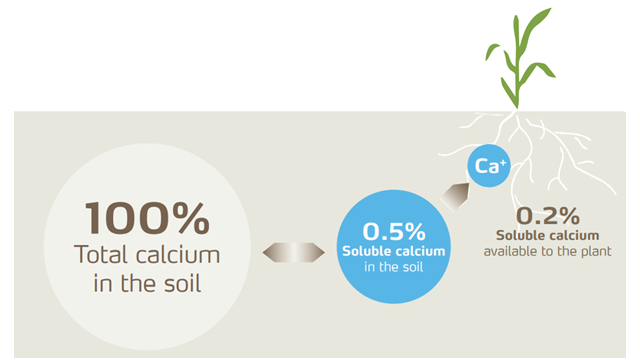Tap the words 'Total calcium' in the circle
coord(147,255)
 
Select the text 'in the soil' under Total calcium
coord(147,283)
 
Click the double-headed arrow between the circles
coord(294,253)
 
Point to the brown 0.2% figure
coord(547,215)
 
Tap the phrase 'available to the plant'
coord(547,251)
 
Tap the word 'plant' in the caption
coord(594,251)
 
